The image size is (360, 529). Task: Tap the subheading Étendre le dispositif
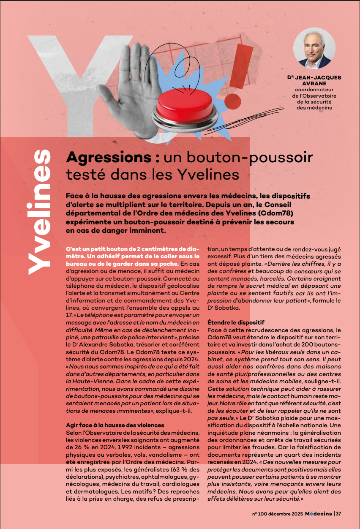click(236, 322)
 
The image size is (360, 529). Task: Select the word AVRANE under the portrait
click(314, 83)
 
